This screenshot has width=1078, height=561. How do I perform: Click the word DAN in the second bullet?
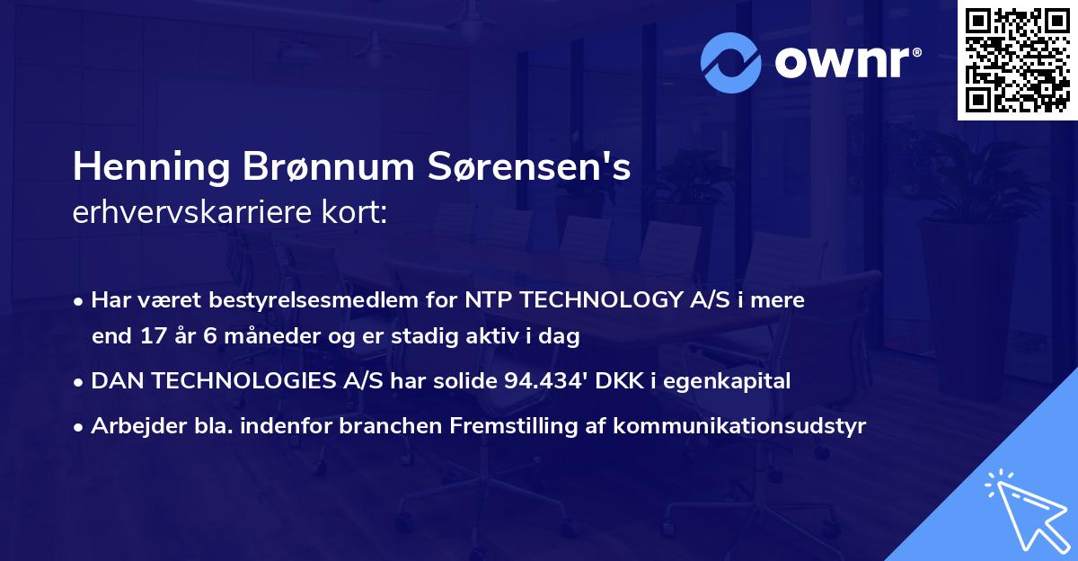[x=116, y=381]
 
